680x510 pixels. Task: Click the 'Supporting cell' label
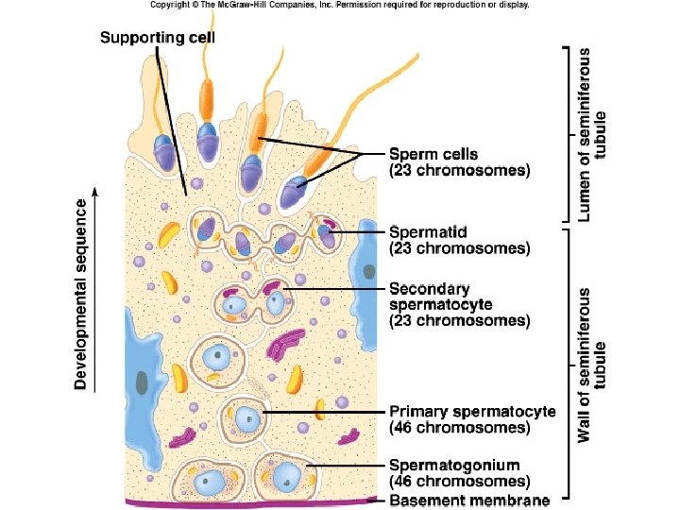click(x=158, y=38)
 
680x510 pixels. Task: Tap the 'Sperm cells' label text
click(x=433, y=154)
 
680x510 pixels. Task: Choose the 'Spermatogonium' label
click(x=454, y=465)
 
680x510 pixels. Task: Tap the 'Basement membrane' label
click(x=469, y=500)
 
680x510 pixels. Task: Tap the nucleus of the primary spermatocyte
click(x=247, y=417)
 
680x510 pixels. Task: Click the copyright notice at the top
click(x=340, y=5)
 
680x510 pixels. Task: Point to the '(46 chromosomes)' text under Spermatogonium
click(x=460, y=482)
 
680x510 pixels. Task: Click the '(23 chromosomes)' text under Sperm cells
click(x=460, y=171)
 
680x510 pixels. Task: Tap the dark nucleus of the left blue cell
click(x=142, y=382)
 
